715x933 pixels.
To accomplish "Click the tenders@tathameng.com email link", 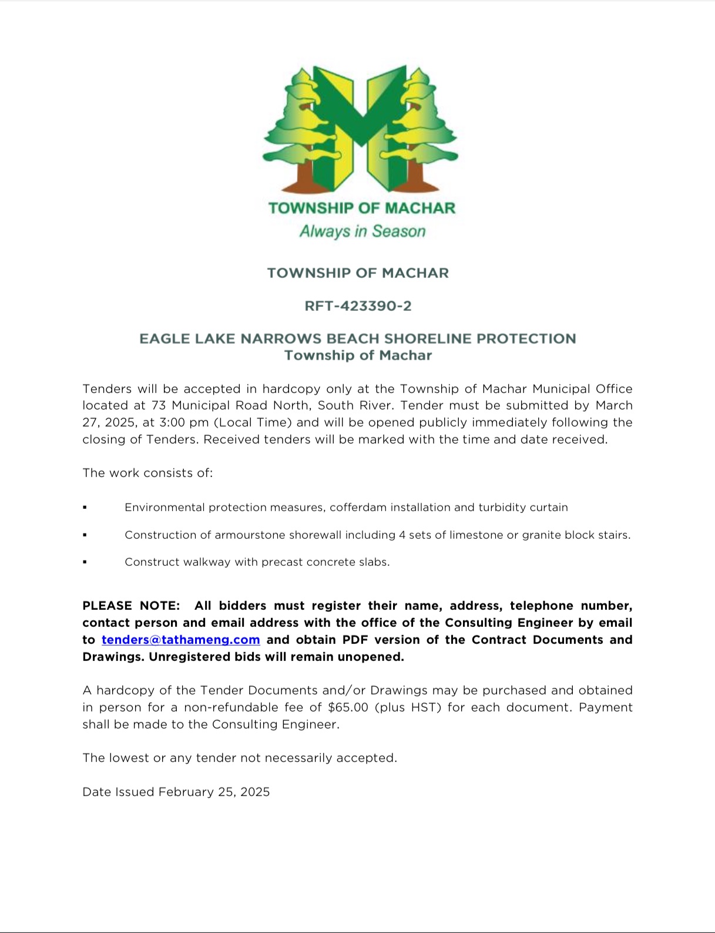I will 180,639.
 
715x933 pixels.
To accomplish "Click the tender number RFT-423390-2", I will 358,306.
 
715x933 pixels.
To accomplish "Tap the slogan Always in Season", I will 362,231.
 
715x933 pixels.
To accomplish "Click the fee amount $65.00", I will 348,707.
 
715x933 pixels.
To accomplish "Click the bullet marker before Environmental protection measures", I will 85,507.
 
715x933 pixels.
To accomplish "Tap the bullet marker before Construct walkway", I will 85,562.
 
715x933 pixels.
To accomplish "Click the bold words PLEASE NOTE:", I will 131,605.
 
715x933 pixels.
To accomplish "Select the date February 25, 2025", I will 214,791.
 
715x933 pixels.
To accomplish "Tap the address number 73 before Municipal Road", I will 159,405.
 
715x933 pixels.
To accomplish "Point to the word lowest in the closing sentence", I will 127,757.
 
